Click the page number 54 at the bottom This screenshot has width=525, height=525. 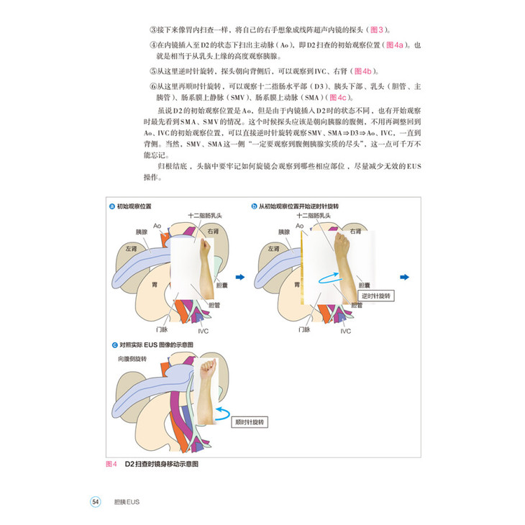[95, 501]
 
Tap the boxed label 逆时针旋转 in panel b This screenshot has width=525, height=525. [376, 296]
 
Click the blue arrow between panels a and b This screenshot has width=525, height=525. [240, 277]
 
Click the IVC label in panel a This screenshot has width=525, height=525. [204, 331]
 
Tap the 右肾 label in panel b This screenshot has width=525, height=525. [357, 232]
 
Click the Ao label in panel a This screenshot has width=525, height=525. [157, 226]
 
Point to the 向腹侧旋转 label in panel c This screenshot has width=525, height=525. [132, 357]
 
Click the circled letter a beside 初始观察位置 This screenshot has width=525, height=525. [111, 206]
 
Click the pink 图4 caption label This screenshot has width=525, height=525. [111, 464]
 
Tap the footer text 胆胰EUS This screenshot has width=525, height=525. [127, 501]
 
